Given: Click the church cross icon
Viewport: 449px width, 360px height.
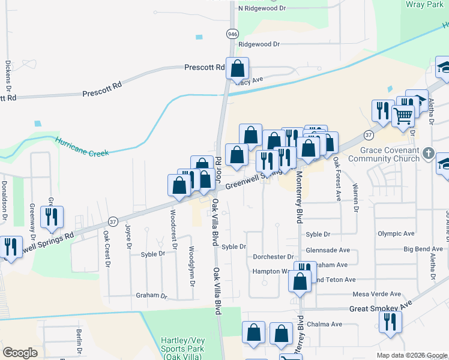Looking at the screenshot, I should pyautogui.click(x=428, y=153).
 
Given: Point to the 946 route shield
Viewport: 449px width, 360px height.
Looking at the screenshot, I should pyautogui.click(x=231, y=34).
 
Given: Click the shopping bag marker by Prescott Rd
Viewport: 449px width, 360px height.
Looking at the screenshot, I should pyautogui.click(x=238, y=69).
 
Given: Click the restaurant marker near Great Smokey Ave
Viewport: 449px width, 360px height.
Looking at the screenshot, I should pyautogui.click(x=390, y=322).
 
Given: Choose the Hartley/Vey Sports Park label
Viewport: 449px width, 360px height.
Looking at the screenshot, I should pyautogui.click(x=183, y=344).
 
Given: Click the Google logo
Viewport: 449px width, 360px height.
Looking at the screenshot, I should pyautogui.click(x=20, y=353).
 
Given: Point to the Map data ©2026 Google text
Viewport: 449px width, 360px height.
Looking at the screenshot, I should pyautogui.click(x=412, y=355).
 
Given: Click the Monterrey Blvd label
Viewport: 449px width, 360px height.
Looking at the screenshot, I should pyautogui.click(x=298, y=196).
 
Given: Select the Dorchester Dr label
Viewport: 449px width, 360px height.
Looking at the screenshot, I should pyautogui.click(x=273, y=257).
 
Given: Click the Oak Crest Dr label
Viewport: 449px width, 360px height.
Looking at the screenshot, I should pyautogui.click(x=106, y=245).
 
